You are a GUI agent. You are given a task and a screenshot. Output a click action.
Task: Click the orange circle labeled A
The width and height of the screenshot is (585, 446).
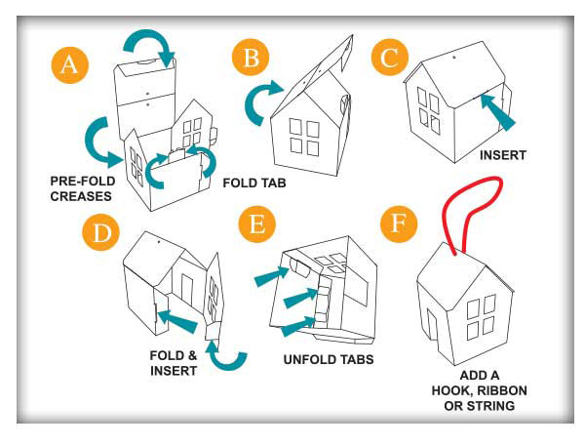tap(67, 67)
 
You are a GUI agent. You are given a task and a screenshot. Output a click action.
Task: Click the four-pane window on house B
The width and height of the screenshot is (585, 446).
tap(306, 138)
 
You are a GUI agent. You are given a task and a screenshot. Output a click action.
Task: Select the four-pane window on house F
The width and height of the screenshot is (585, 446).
tap(479, 315)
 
